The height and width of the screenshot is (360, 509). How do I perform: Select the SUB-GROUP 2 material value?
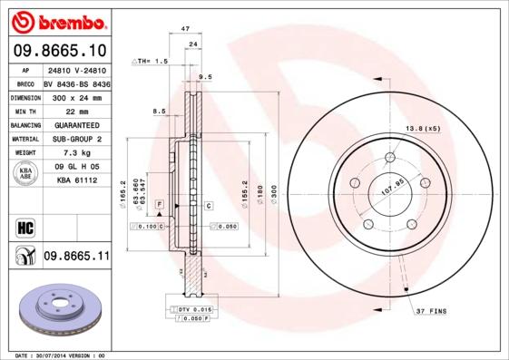(76, 139)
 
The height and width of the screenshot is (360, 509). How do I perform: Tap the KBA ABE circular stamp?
(25, 173)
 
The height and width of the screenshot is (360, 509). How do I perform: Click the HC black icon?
(25, 226)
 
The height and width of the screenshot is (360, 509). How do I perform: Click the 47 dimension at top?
(184, 29)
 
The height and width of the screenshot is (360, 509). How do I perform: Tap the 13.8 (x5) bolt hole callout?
(422, 129)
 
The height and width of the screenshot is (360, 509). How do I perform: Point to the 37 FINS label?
(433, 311)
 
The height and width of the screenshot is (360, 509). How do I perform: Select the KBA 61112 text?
(76, 180)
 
